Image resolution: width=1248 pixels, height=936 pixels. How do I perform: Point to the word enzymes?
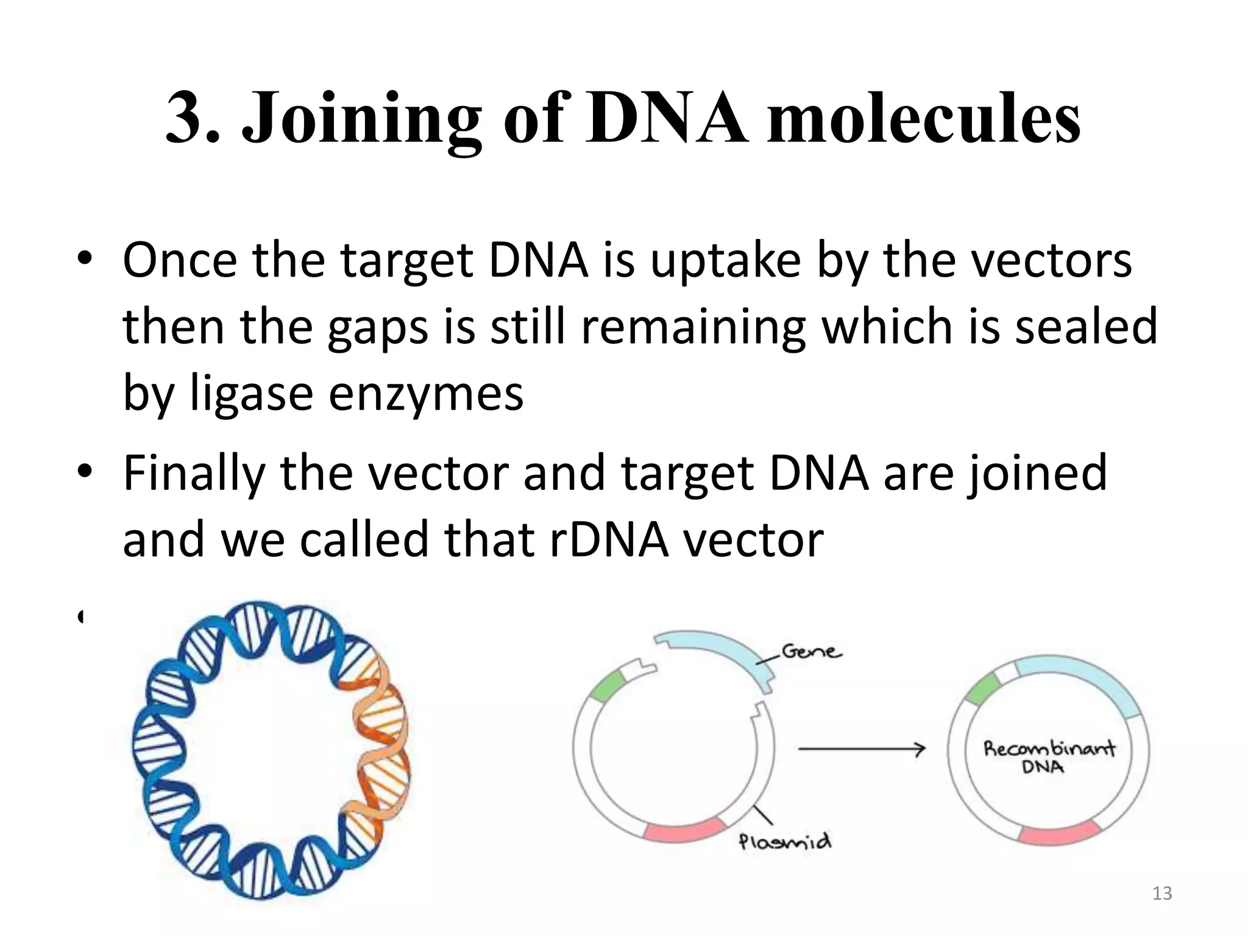(425, 394)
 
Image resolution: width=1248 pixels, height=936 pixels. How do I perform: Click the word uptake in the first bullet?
(725, 261)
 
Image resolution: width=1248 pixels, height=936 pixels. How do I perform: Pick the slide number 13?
(1162, 893)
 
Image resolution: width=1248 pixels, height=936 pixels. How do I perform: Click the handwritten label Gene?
(812, 652)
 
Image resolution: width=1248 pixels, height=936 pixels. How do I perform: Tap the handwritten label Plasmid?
(785, 842)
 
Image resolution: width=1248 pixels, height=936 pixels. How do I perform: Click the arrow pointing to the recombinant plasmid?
(862, 749)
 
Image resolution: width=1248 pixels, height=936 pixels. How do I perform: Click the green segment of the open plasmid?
(606, 687)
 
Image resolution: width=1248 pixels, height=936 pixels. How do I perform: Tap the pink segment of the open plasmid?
(684, 831)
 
